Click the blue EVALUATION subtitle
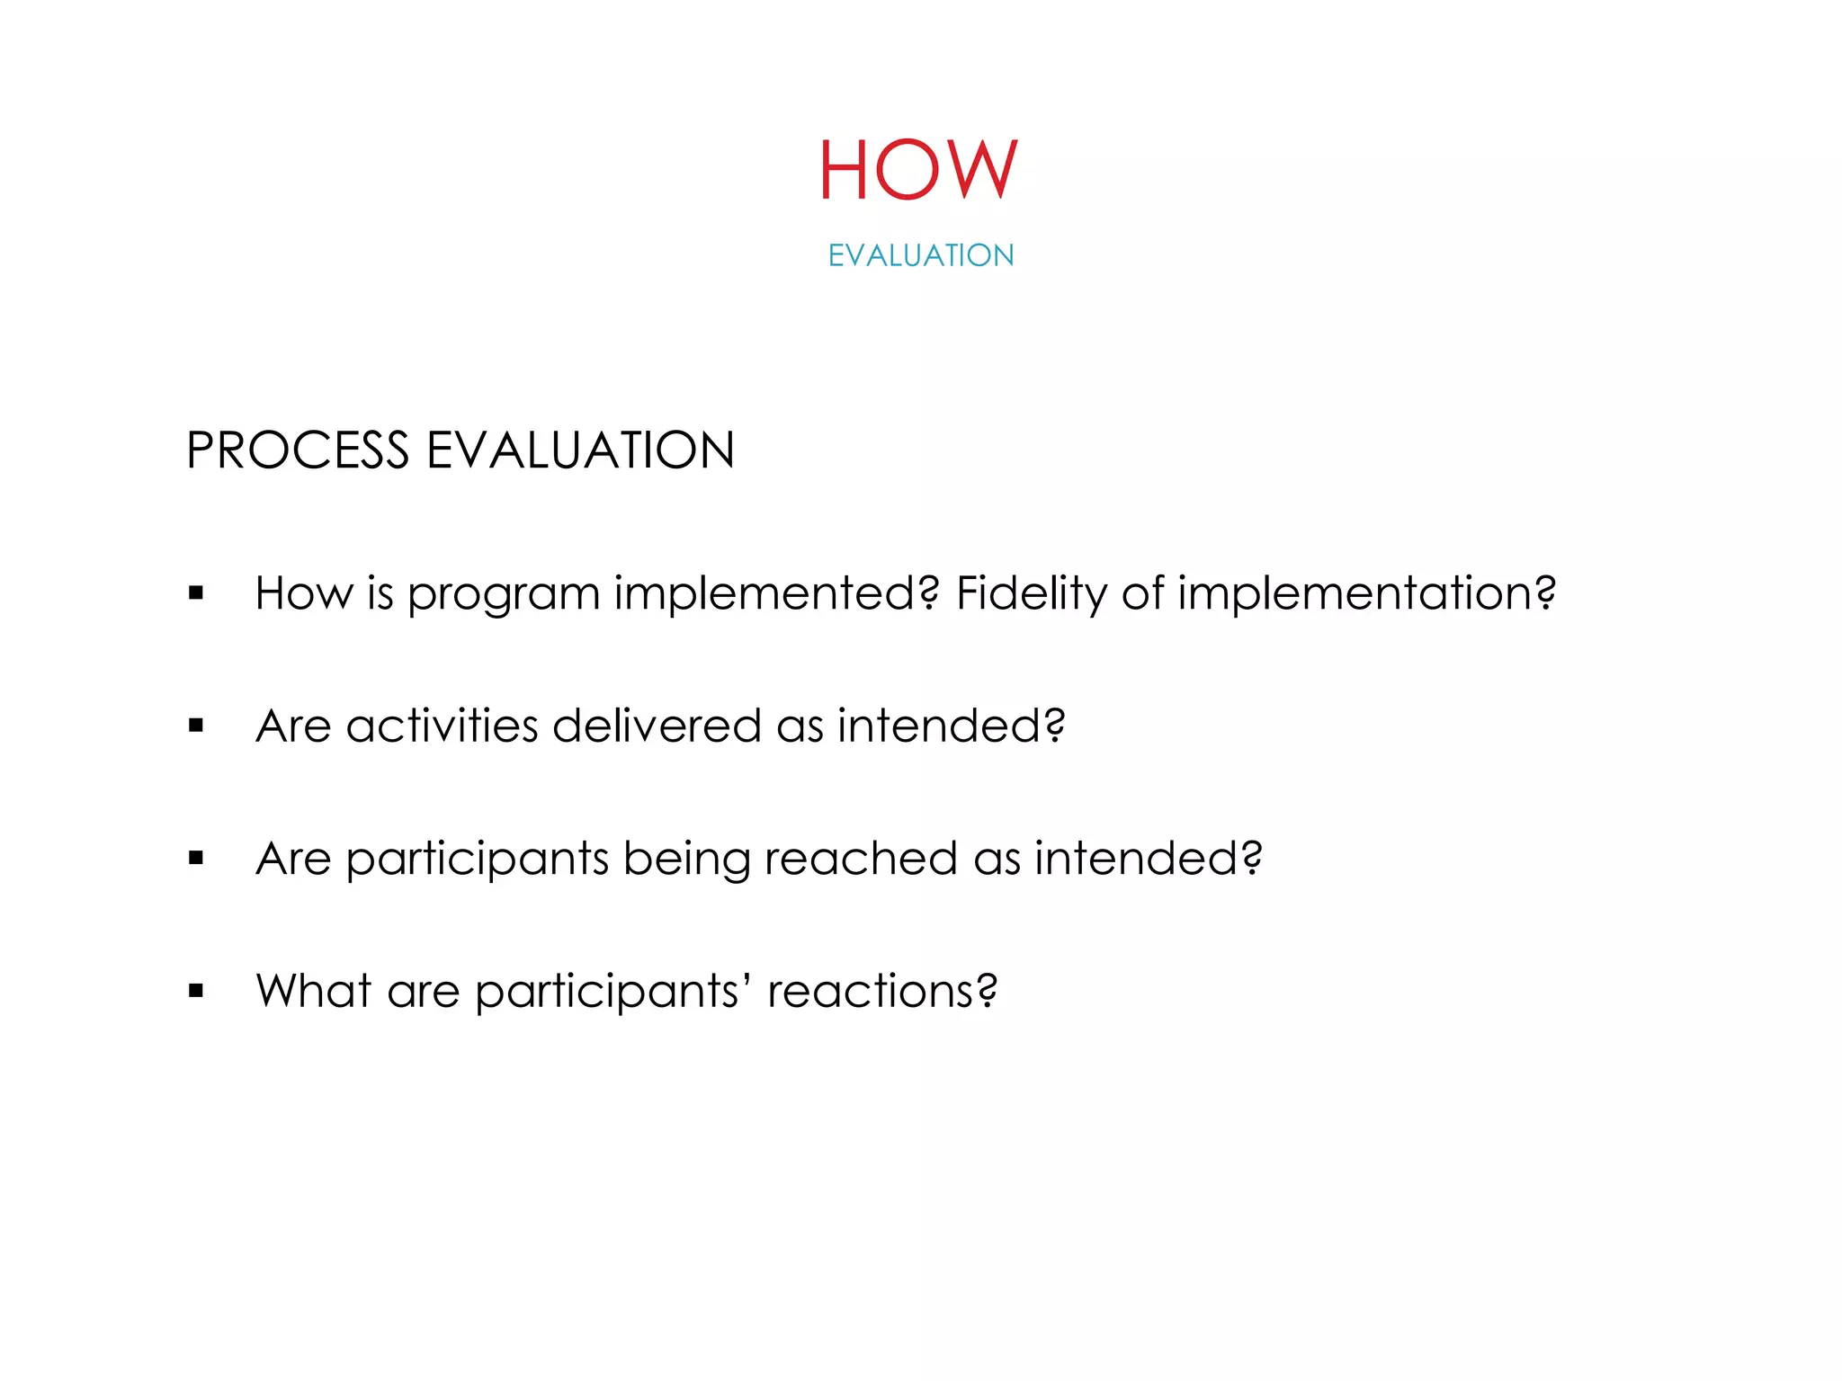tap(921, 255)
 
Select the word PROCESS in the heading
tap(298, 450)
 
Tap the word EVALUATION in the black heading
tap(580, 450)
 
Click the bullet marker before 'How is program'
tap(196, 593)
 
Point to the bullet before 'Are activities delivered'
tap(196, 726)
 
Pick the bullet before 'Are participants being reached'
tap(196, 859)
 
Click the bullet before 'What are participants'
tap(196, 992)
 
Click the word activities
tap(442, 726)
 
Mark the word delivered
tap(657, 726)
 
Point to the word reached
tap(860, 859)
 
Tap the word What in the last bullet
tap(314, 991)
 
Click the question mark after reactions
tap(988, 991)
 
